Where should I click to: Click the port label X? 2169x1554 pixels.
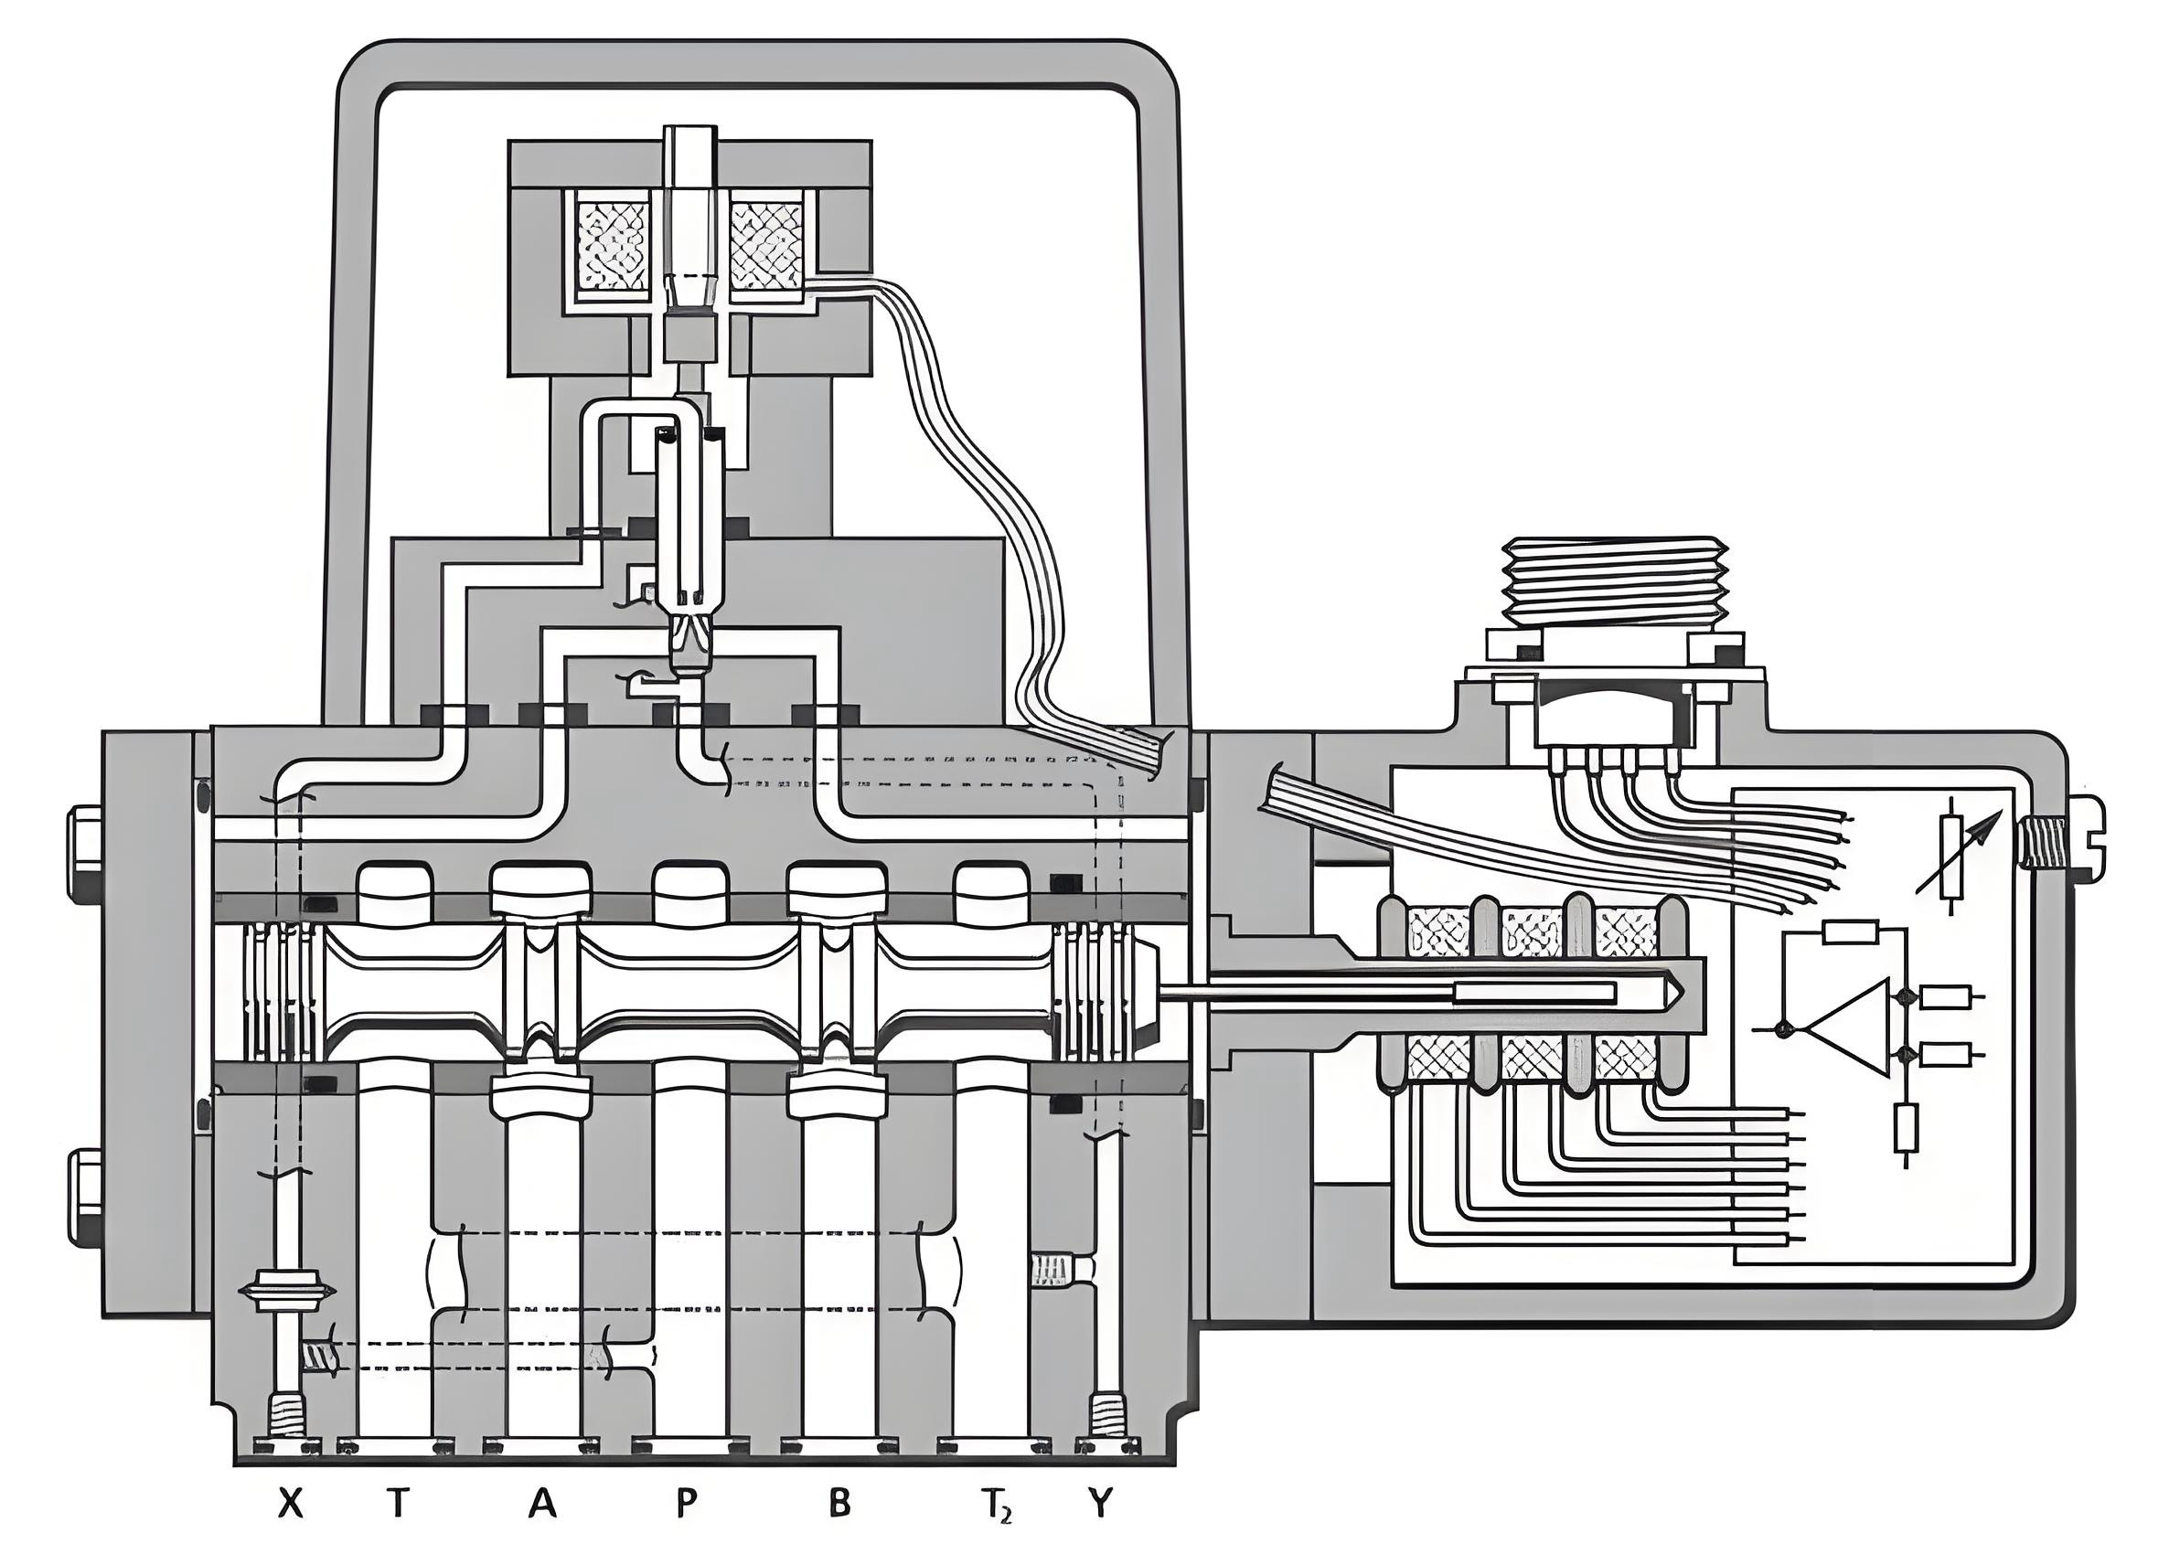point(291,1505)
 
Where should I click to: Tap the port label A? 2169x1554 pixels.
point(542,1505)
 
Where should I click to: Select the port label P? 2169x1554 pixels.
point(685,1505)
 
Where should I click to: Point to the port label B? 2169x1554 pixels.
point(838,1505)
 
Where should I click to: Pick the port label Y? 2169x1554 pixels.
point(1101,1505)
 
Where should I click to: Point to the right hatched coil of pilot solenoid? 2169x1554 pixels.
point(766,243)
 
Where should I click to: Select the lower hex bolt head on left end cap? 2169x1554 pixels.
point(85,1196)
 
